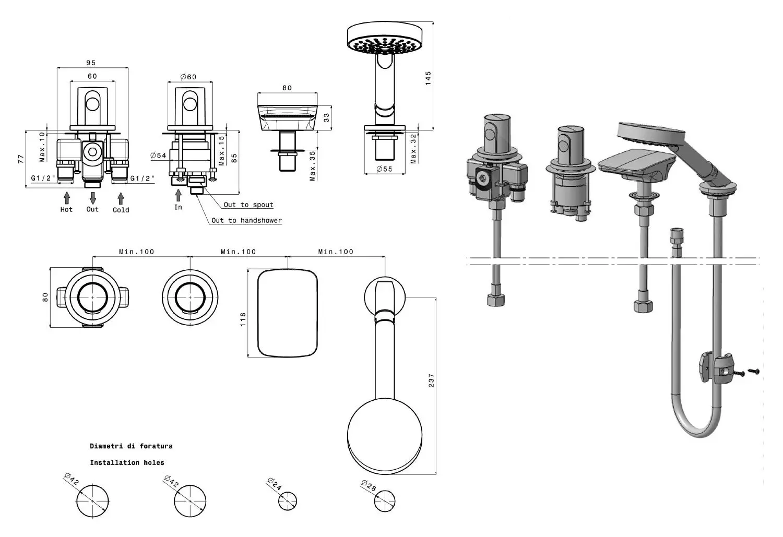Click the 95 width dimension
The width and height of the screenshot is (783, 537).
pyautogui.click(x=91, y=63)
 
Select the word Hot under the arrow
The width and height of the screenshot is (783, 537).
pyautogui.click(x=66, y=209)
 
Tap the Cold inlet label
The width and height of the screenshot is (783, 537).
pyautogui.click(x=121, y=210)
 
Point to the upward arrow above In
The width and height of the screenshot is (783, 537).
pyautogui.click(x=179, y=195)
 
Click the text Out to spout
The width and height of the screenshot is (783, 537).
pyautogui.click(x=248, y=205)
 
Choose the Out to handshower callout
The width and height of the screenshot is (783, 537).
pyautogui.click(x=246, y=220)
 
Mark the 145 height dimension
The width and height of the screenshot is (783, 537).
pyautogui.click(x=428, y=78)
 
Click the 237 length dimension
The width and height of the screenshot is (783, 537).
pyautogui.click(x=431, y=380)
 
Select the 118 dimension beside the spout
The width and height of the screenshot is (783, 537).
pyautogui.click(x=243, y=319)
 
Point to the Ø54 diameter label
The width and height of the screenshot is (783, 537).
pyautogui.click(x=158, y=155)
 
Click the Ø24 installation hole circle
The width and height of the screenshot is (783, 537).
pyautogui.click(x=288, y=502)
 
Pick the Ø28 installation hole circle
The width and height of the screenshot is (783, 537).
pyautogui.click(x=385, y=502)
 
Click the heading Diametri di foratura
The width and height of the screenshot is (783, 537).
pyautogui.click(x=131, y=446)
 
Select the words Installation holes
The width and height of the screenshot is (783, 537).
pyautogui.click(x=127, y=462)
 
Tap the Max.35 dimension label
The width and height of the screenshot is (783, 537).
pyautogui.click(x=312, y=166)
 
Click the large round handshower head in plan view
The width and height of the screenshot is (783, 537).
pyautogui.click(x=385, y=437)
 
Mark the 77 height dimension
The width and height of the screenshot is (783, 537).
pyautogui.click(x=21, y=159)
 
